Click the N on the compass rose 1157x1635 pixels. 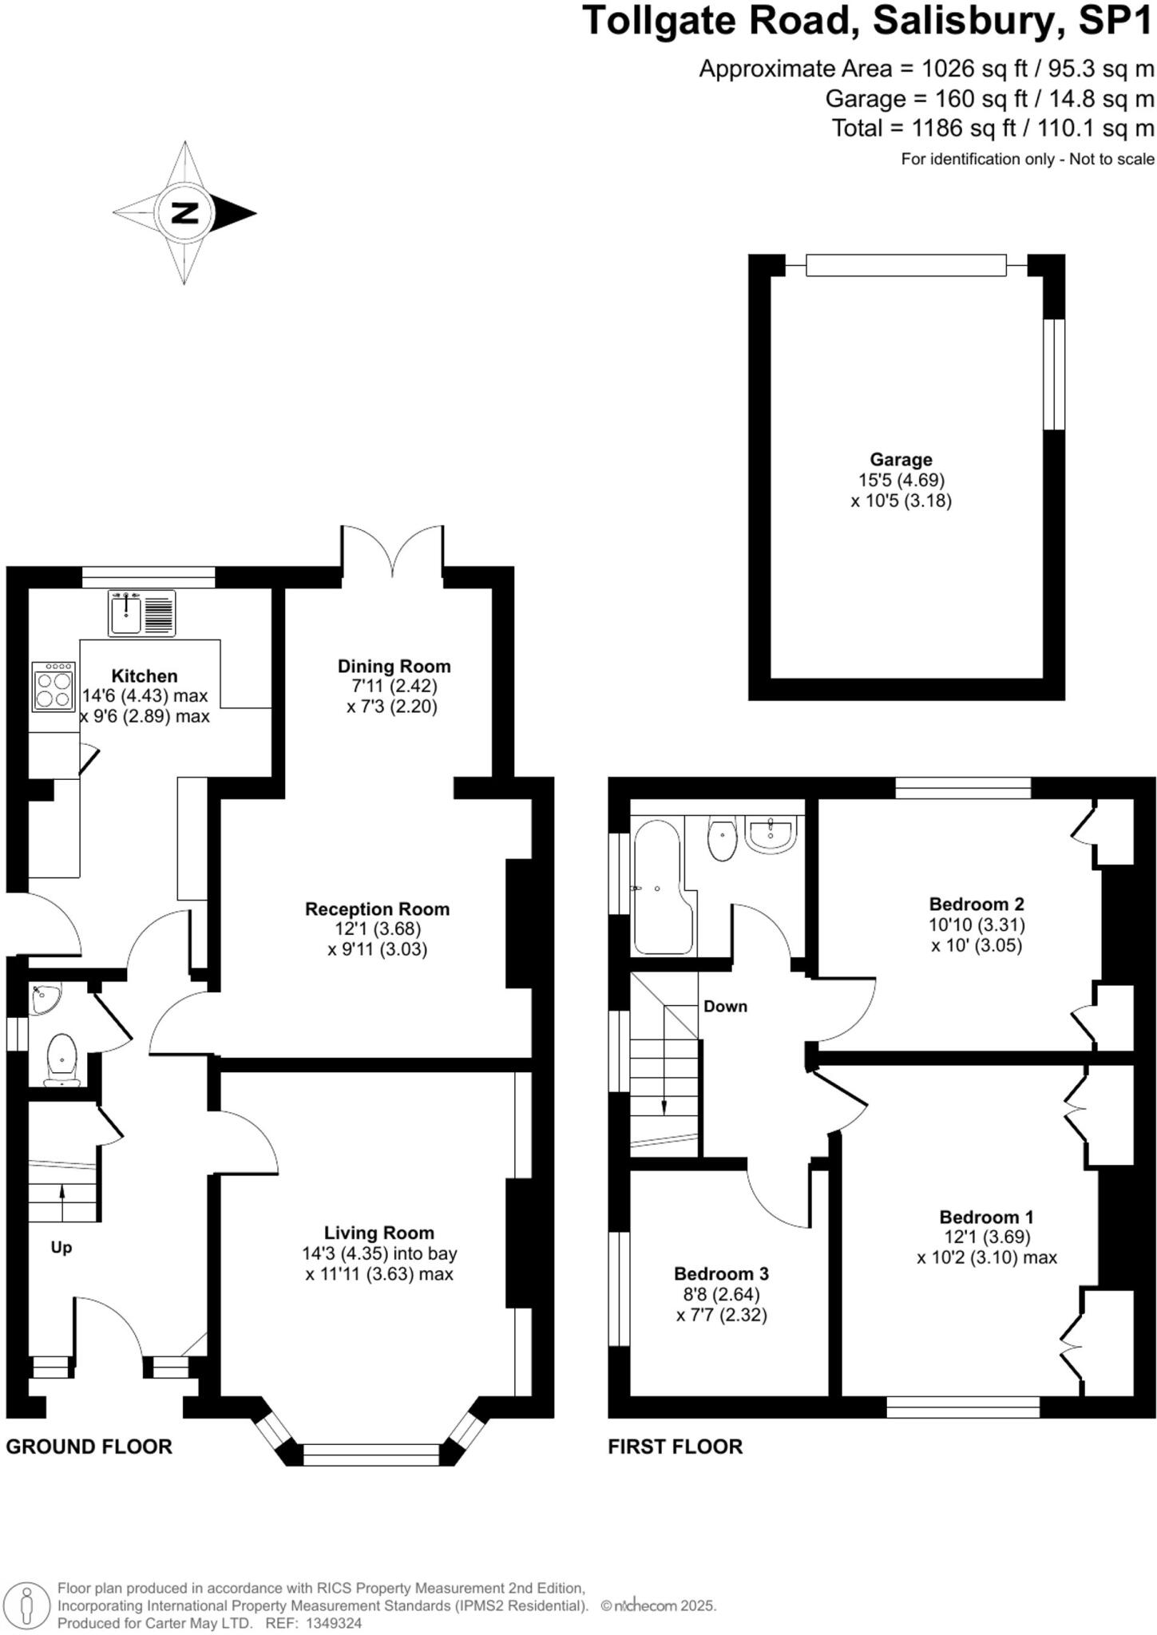click(x=184, y=213)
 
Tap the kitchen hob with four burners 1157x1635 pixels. click(x=53, y=687)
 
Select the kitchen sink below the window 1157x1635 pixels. click(x=141, y=613)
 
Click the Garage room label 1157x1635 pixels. click(x=901, y=460)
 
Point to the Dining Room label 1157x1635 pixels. click(x=394, y=667)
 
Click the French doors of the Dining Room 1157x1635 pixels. click(x=392, y=550)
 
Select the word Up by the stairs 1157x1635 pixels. click(x=61, y=1247)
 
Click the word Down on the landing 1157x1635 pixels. click(x=725, y=1007)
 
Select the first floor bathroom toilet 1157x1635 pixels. click(x=723, y=840)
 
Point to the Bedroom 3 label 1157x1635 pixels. click(x=721, y=1273)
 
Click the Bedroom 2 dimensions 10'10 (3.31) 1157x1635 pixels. click(x=977, y=925)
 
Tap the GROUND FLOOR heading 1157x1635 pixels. click(x=89, y=1447)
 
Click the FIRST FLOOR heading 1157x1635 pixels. click(x=675, y=1447)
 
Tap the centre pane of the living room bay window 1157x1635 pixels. click(x=371, y=1455)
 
